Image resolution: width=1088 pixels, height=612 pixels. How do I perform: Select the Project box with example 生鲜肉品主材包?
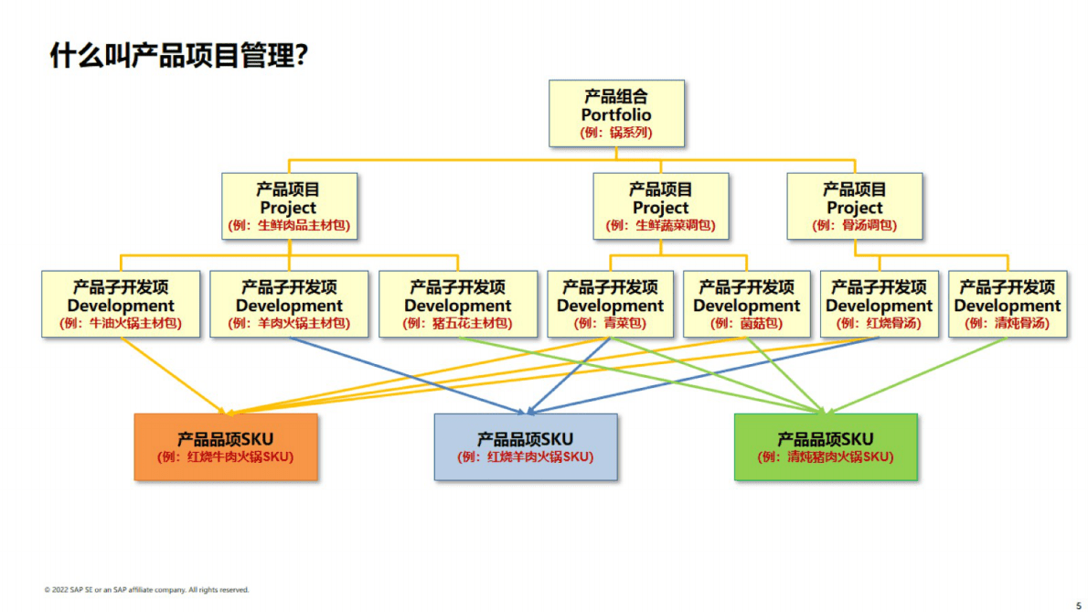tap(289, 207)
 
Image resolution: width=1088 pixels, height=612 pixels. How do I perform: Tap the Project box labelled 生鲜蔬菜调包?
tap(660, 207)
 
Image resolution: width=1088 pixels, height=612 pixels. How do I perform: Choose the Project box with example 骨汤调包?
tap(854, 207)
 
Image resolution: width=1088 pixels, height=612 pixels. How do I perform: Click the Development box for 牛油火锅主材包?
tap(121, 305)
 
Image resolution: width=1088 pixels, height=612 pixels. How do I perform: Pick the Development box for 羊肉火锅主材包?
tap(289, 305)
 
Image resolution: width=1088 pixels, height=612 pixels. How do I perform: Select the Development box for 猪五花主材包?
tap(457, 305)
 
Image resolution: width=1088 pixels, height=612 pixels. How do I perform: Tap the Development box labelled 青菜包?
tap(610, 305)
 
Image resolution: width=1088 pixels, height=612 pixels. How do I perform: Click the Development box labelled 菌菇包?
tap(746, 305)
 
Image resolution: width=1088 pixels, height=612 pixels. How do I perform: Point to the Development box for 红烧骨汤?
tap(879, 305)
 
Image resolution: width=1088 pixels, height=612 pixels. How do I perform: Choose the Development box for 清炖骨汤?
tap(1008, 305)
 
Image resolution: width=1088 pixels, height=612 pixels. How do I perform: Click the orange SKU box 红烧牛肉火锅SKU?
tap(226, 446)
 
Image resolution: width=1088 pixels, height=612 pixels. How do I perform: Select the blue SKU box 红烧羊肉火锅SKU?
tap(526, 446)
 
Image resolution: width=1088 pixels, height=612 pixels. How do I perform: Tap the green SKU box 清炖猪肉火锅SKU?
tap(826, 446)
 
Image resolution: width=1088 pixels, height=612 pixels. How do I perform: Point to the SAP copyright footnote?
tap(146, 590)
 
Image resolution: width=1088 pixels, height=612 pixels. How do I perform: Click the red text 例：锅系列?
tap(616, 133)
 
